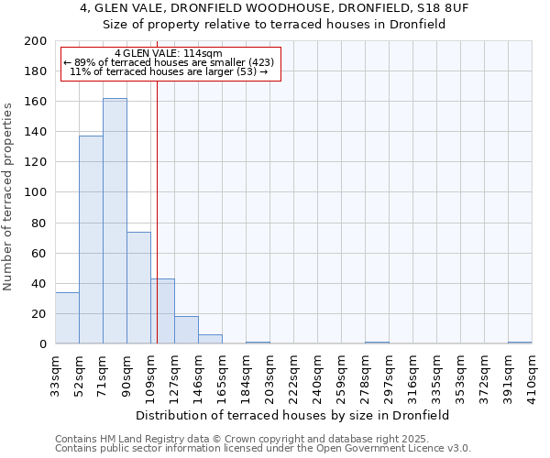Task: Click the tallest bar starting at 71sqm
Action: pos(115,221)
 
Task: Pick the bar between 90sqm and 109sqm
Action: pos(138,288)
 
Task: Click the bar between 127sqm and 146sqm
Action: pos(186,330)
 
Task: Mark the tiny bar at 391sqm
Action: pos(520,343)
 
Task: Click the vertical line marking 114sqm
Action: pos(157,211)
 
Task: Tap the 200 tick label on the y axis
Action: pos(36,41)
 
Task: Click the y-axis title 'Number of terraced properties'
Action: pos(9,196)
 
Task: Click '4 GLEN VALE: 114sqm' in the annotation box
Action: pos(169,54)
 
